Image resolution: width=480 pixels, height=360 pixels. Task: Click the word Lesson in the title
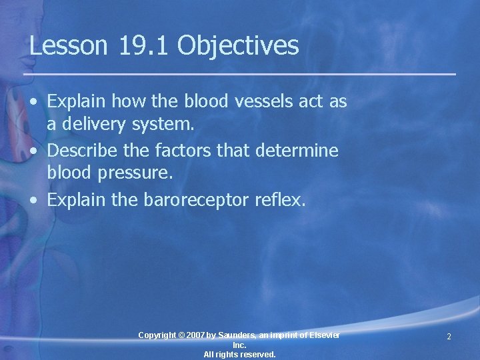68,46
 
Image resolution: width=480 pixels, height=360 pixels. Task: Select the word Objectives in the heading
238,46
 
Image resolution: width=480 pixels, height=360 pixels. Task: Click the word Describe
85,151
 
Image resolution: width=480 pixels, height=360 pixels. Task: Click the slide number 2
449,337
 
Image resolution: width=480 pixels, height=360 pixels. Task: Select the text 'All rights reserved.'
239,355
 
